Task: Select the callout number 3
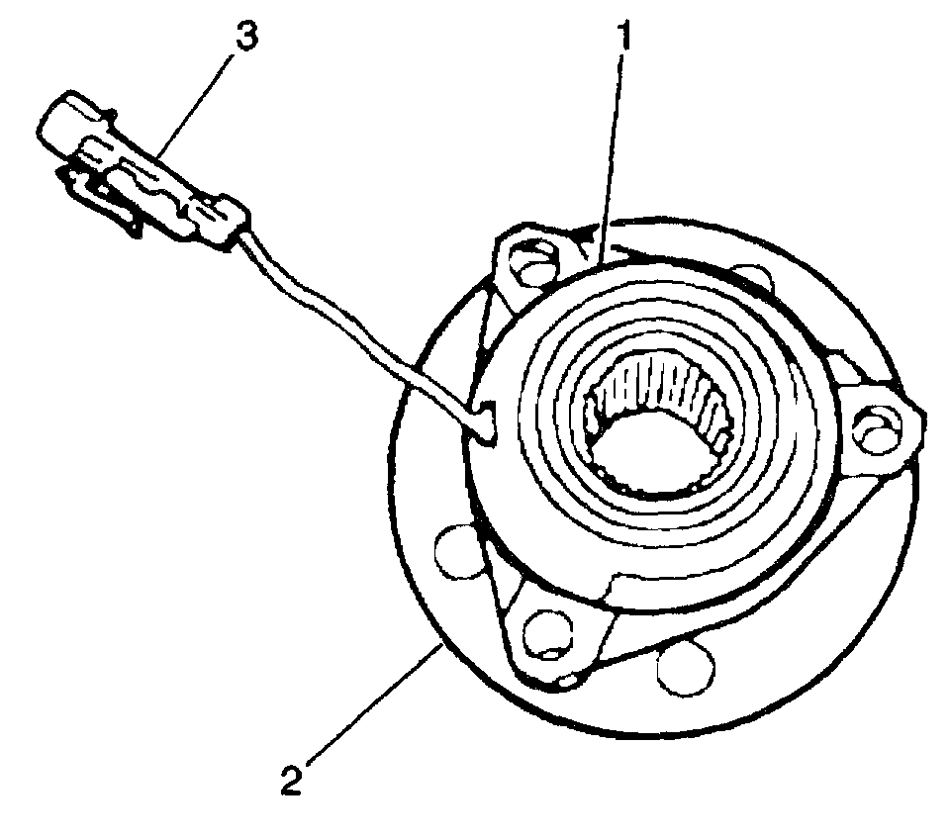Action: tap(242, 38)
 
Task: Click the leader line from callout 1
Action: tap(613, 148)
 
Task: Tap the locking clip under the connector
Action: tap(99, 198)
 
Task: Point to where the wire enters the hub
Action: tap(485, 420)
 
